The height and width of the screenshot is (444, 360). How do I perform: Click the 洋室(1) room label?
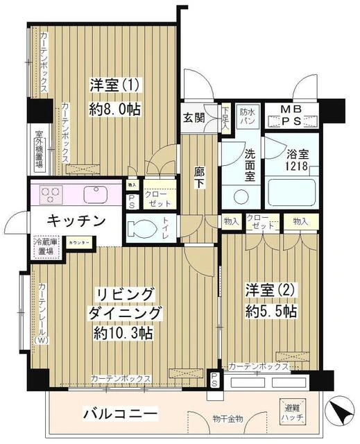(x=114, y=85)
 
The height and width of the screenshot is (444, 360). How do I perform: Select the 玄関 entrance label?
(x=194, y=117)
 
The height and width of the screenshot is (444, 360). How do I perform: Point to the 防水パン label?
(x=248, y=116)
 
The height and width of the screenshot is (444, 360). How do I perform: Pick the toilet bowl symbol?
(x=145, y=225)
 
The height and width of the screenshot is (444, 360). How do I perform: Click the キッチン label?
(x=76, y=221)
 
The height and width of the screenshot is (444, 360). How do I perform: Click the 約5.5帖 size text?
(x=271, y=313)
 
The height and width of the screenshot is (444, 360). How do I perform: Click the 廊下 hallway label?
(x=199, y=178)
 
